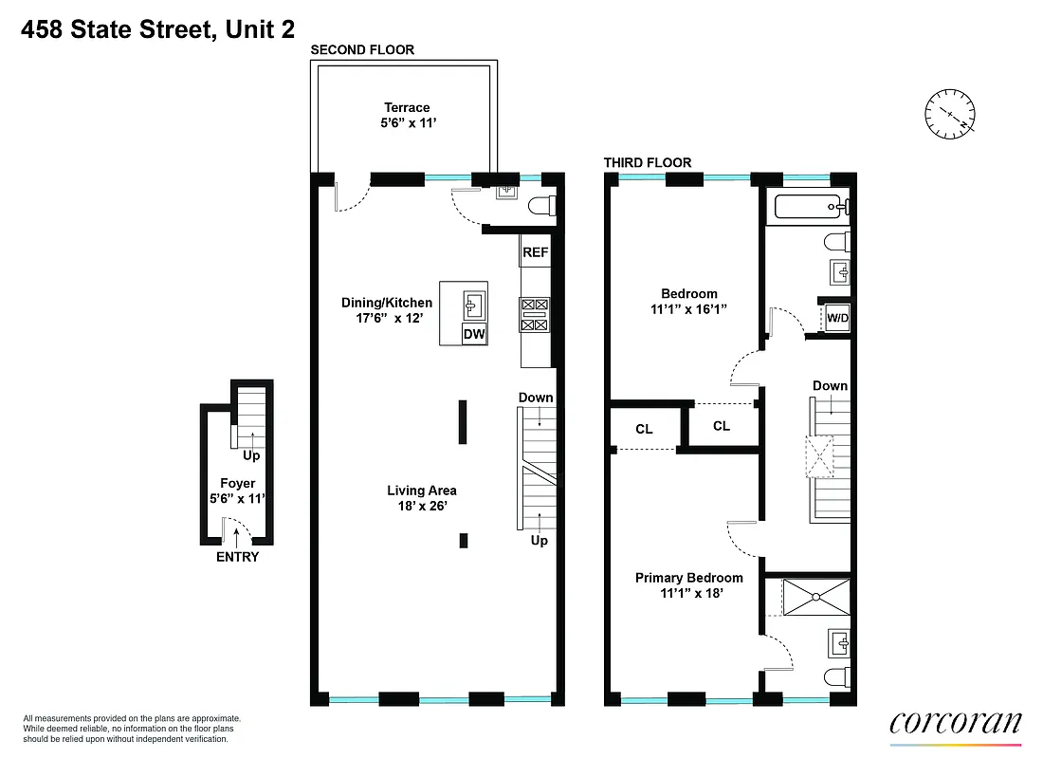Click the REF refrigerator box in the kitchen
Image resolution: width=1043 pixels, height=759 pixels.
tap(535, 252)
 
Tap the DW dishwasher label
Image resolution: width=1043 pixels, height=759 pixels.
tap(472, 334)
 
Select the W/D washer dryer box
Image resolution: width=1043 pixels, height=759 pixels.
tap(837, 318)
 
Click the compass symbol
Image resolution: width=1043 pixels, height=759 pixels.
tap(951, 113)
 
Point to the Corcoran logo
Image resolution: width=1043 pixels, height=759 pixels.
tap(956, 722)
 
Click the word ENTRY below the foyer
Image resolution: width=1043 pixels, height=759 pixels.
tap(237, 557)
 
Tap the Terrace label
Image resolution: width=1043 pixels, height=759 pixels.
tap(407, 107)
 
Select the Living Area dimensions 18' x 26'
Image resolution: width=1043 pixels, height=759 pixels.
tap(422, 507)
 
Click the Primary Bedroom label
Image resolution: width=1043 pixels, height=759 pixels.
tap(688, 578)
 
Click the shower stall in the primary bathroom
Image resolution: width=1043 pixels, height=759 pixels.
tap(814, 597)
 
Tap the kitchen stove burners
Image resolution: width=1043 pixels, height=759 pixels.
tap(534, 315)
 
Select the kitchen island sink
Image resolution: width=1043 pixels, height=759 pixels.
tap(473, 305)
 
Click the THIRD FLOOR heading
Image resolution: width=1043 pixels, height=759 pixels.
tap(648, 162)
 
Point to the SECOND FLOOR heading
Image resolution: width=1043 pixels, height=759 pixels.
tap(362, 49)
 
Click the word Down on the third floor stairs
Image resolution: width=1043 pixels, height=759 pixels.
tap(830, 385)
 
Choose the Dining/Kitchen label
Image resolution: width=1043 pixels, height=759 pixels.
tap(387, 303)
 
